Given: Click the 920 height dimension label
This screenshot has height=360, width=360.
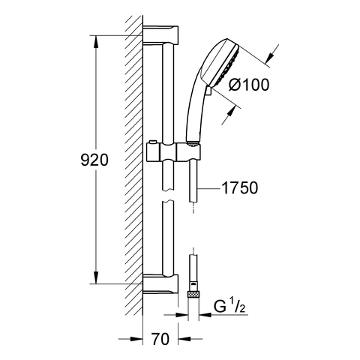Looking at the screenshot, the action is tap(94, 160).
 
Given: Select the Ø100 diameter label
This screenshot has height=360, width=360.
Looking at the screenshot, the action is tap(249, 85).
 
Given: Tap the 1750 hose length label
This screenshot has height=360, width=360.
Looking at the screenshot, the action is tap(240, 187).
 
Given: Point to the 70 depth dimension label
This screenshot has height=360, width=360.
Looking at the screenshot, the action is tap(160, 339).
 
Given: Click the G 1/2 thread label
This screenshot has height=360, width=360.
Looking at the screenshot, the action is tap(229, 307).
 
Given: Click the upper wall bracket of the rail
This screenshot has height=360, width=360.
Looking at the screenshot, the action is tap(160, 34).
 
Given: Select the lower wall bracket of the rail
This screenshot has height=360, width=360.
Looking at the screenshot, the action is tap(160, 284).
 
